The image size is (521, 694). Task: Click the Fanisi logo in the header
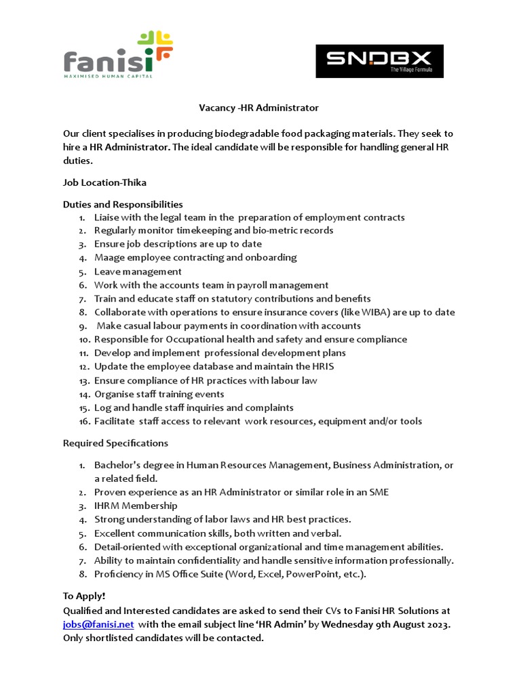[x=117, y=54]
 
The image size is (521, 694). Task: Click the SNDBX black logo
[x=379, y=61]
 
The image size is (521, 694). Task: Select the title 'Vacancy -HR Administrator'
[x=258, y=108]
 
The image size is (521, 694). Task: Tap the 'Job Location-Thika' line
[x=104, y=182]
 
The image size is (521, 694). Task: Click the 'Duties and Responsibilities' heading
[x=123, y=204]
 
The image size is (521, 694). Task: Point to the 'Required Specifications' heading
[x=115, y=443]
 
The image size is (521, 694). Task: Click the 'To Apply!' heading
[x=84, y=596]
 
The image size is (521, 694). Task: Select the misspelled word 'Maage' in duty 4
[x=108, y=258]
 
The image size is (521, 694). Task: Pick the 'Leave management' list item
[x=138, y=272]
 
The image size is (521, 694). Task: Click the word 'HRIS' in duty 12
[x=322, y=367]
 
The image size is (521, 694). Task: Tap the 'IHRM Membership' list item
[x=136, y=506]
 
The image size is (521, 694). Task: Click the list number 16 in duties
[x=83, y=422]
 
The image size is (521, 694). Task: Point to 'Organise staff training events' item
[x=159, y=394]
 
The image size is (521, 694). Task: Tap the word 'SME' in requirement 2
[x=379, y=492]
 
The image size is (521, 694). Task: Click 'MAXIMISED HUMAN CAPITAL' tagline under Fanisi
[x=108, y=76]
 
